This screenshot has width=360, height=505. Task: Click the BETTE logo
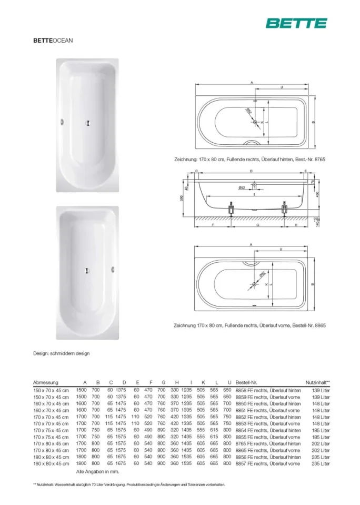296,23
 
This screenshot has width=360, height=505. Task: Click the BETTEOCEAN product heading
53,40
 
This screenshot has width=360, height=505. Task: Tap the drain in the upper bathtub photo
87,123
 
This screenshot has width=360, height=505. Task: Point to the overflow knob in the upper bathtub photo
63,123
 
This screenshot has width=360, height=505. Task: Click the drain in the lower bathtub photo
87,271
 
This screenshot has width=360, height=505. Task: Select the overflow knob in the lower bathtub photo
112,271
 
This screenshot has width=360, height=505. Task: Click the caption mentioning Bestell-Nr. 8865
250,325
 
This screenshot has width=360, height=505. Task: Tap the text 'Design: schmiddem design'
62,353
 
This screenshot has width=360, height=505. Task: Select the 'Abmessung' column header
46,382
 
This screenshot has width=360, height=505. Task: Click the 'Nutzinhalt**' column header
317,382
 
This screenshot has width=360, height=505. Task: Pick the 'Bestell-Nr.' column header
246,382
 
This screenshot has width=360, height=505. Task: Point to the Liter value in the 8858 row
321,390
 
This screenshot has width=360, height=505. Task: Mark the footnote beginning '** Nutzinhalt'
129,484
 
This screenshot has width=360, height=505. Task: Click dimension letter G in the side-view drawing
258,224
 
